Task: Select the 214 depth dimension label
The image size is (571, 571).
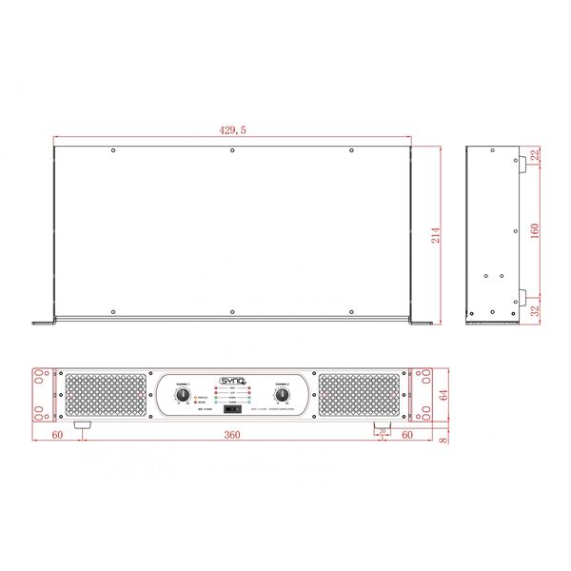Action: [x=437, y=235]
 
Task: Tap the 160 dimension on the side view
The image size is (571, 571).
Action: [x=535, y=231]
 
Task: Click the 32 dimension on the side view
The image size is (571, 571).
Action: [x=535, y=309]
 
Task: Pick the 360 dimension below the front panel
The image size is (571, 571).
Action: [x=231, y=434]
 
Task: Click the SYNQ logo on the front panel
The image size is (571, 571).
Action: [x=232, y=381]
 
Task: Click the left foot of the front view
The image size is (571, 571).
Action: [x=83, y=425]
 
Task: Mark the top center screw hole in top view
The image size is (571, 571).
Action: [x=232, y=150]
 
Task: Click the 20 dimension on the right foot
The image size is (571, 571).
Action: [x=383, y=431]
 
